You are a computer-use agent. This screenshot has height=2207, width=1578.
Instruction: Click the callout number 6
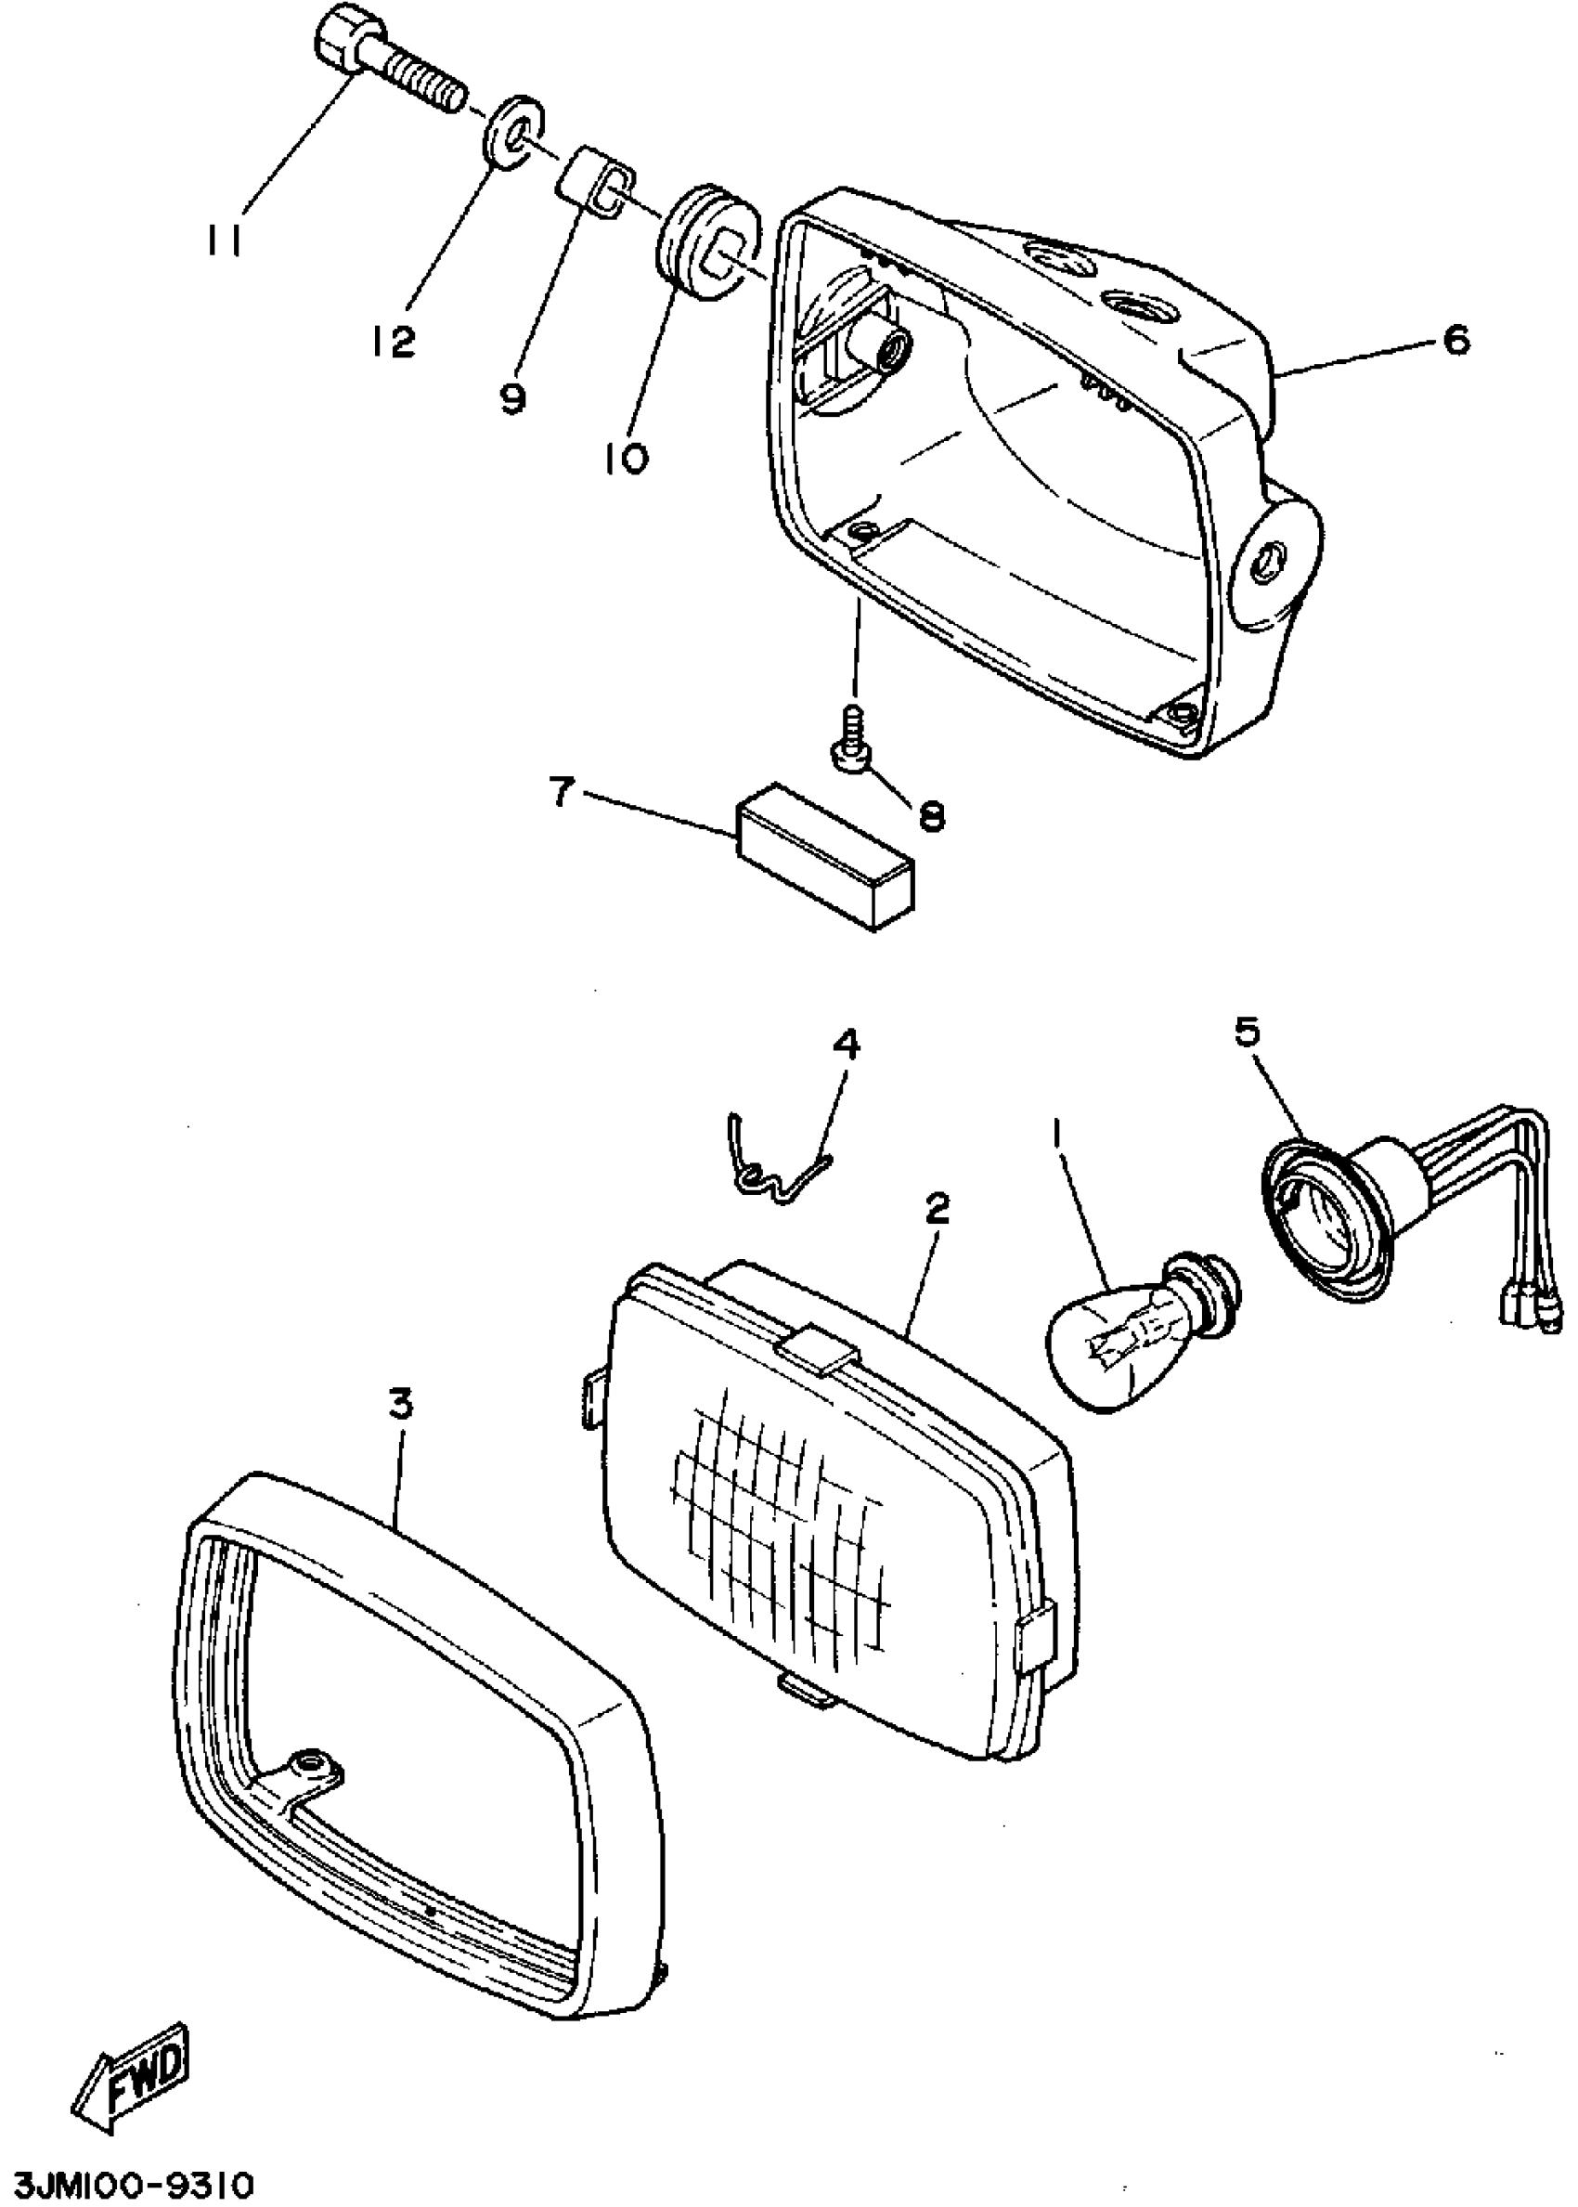coord(1455,340)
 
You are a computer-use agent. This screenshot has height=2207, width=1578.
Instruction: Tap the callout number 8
coord(931,816)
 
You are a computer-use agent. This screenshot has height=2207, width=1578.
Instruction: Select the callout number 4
coord(846,1045)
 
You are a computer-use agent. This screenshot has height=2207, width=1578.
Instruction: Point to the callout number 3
coord(400,1403)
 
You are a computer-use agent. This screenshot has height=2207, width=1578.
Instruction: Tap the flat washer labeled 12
coord(512,130)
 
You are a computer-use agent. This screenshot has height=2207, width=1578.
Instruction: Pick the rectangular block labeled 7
coord(825,855)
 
